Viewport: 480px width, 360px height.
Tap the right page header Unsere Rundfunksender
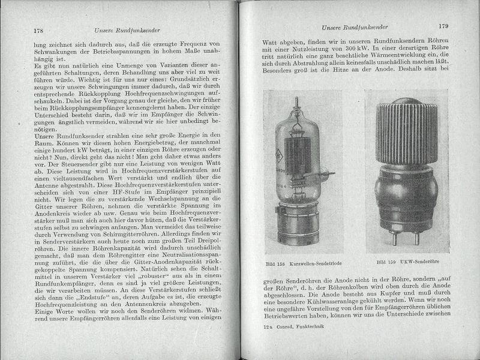353,28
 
